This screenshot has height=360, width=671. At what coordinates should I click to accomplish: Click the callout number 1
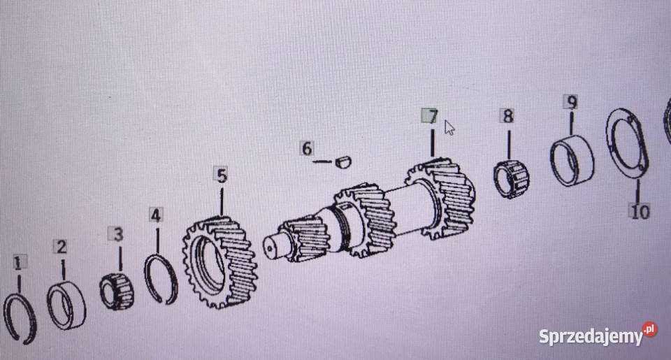(x=17, y=263)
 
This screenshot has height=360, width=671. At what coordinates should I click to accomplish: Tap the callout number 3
(x=117, y=234)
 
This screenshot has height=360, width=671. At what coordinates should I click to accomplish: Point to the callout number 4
(x=156, y=215)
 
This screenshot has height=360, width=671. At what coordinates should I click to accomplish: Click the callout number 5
(x=222, y=175)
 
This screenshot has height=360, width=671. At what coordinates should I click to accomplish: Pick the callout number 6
(x=307, y=148)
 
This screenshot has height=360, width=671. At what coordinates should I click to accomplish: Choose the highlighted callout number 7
(x=430, y=116)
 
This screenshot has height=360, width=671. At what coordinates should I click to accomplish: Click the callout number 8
(x=508, y=116)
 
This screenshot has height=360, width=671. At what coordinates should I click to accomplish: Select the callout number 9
(x=571, y=102)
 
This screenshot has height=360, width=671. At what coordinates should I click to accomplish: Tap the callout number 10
(x=640, y=212)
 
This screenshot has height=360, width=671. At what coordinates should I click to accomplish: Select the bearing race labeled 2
(x=66, y=305)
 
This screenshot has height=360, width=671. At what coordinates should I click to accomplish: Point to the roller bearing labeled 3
(x=117, y=291)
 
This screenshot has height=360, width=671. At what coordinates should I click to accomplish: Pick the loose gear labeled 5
(x=219, y=262)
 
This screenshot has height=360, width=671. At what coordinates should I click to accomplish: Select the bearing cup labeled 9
(x=572, y=160)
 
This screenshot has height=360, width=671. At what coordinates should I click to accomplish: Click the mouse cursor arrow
(x=449, y=127)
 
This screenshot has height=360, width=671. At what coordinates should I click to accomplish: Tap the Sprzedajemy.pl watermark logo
(x=598, y=334)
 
